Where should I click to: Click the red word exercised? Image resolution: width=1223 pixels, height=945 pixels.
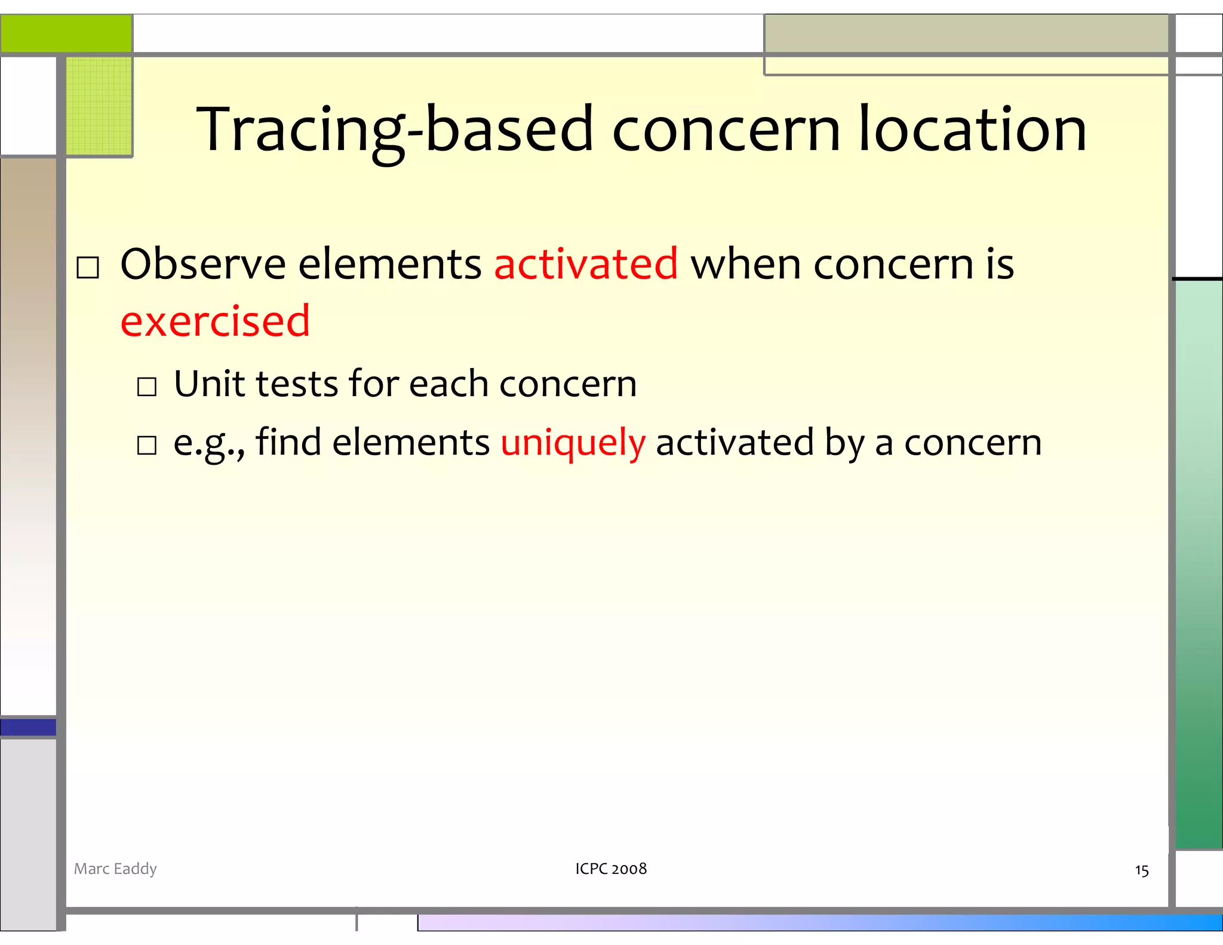tap(215, 321)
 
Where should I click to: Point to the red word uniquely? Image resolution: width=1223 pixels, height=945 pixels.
tap(573, 443)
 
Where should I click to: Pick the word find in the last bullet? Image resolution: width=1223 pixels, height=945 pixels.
tap(288, 442)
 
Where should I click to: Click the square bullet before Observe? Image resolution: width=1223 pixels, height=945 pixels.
tap(88, 268)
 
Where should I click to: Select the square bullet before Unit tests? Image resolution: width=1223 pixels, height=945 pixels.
tap(147, 387)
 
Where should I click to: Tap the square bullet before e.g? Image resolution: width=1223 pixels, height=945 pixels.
tap(147, 446)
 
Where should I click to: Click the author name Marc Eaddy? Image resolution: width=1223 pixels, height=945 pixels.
tap(115, 869)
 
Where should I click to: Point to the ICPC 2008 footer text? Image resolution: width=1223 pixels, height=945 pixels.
tap(611, 869)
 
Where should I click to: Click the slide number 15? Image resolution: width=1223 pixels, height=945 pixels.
tap(1141, 870)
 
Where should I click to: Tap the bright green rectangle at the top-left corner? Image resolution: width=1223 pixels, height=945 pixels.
tap(66, 33)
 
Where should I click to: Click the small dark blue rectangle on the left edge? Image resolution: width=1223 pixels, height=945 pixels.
tap(28, 727)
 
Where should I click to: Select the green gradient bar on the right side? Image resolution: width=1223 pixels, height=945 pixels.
tap(1198, 564)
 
